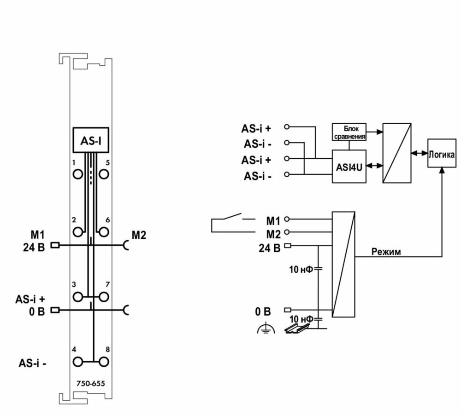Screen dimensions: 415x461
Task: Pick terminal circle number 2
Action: (x=77, y=232)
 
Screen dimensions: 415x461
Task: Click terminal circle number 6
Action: (x=104, y=232)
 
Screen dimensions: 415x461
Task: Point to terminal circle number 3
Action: (x=77, y=296)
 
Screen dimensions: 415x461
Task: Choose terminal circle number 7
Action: (x=104, y=296)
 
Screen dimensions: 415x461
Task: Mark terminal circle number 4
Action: (x=77, y=361)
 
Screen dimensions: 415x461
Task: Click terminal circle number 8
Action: (x=104, y=361)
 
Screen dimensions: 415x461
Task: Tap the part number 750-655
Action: (x=90, y=383)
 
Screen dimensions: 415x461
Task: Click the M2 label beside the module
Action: (x=139, y=236)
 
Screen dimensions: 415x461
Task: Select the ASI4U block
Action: (x=349, y=167)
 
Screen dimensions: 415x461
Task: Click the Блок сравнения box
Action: (x=349, y=132)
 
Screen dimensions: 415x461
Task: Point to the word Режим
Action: (x=386, y=252)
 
